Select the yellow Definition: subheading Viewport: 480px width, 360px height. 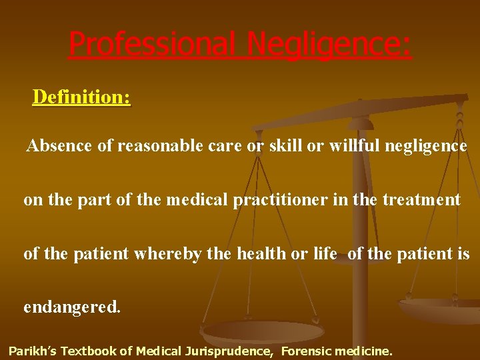tap(81, 97)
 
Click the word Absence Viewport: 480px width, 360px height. tap(59, 146)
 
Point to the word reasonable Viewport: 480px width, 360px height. tap(157, 146)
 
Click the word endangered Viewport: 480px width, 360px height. tap(72, 307)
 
